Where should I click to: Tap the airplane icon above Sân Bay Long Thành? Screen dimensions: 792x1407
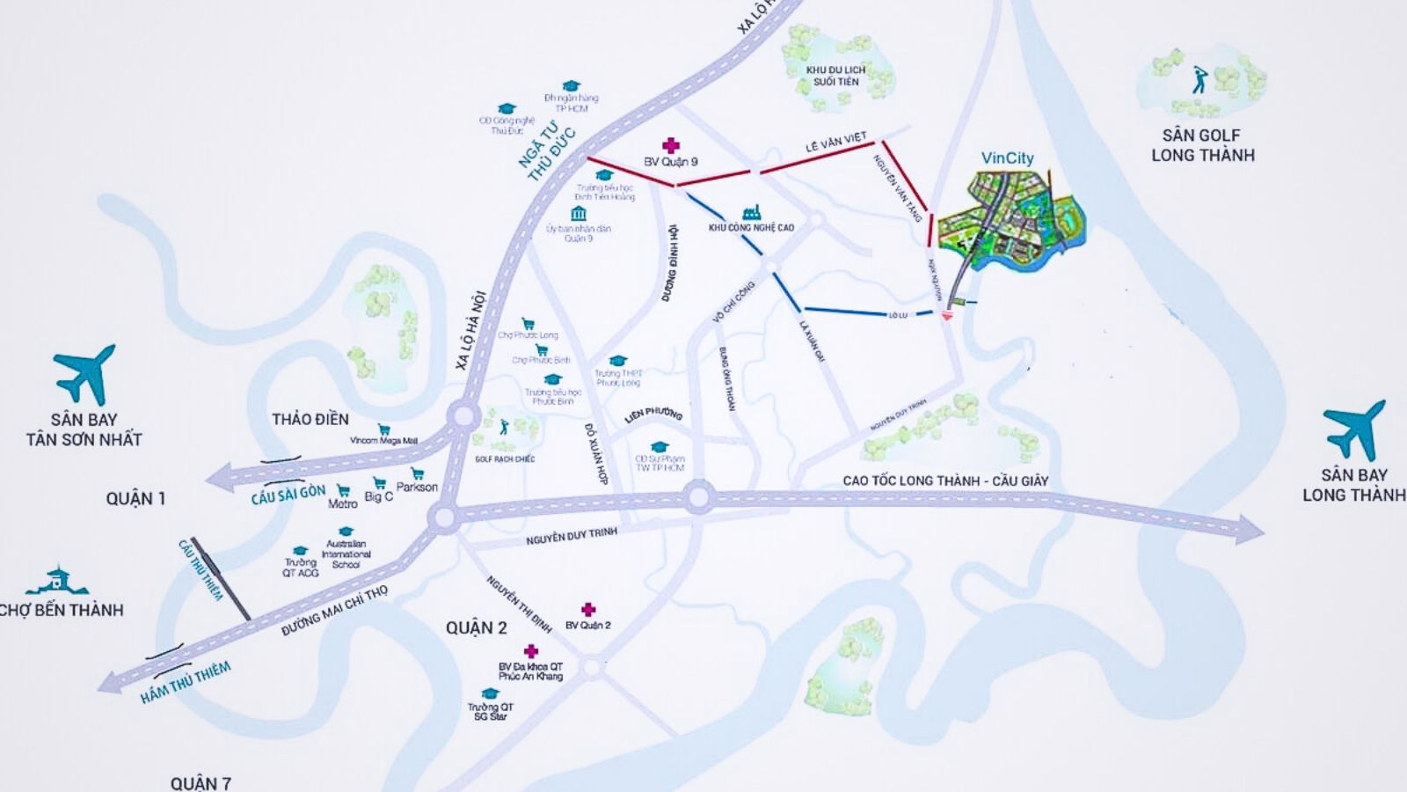pyautogui.click(x=1354, y=429)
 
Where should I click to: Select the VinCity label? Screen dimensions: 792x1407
pyautogui.click(x=1007, y=158)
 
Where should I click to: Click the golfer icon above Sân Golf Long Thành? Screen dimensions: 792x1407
pyautogui.click(x=1199, y=80)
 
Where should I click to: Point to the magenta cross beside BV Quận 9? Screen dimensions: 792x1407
pyautogui.click(x=671, y=145)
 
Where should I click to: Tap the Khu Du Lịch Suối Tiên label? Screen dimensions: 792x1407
pyautogui.click(x=835, y=76)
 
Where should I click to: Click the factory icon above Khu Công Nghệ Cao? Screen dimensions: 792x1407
pyautogui.click(x=751, y=212)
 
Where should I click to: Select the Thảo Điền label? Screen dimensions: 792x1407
pyautogui.click(x=310, y=419)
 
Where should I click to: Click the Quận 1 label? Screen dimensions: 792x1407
pyautogui.click(x=135, y=499)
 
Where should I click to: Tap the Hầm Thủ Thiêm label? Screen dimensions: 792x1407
pyautogui.click(x=186, y=683)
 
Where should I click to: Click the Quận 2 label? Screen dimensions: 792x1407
pyautogui.click(x=476, y=627)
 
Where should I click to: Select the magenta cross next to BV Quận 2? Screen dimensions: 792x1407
pyautogui.click(x=588, y=609)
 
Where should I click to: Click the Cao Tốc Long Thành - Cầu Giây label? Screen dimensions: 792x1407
pyautogui.click(x=945, y=480)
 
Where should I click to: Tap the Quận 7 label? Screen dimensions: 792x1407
pyautogui.click(x=200, y=782)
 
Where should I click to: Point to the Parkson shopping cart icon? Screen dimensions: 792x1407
pyautogui.click(x=418, y=473)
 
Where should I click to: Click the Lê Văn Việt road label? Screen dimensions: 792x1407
pyautogui.click(x=835, y=142)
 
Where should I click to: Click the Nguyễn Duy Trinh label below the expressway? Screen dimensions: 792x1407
pyautogui.click(x=572, y=536)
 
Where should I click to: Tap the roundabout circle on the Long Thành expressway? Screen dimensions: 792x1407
pyautogui.click(x=699, y=498)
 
